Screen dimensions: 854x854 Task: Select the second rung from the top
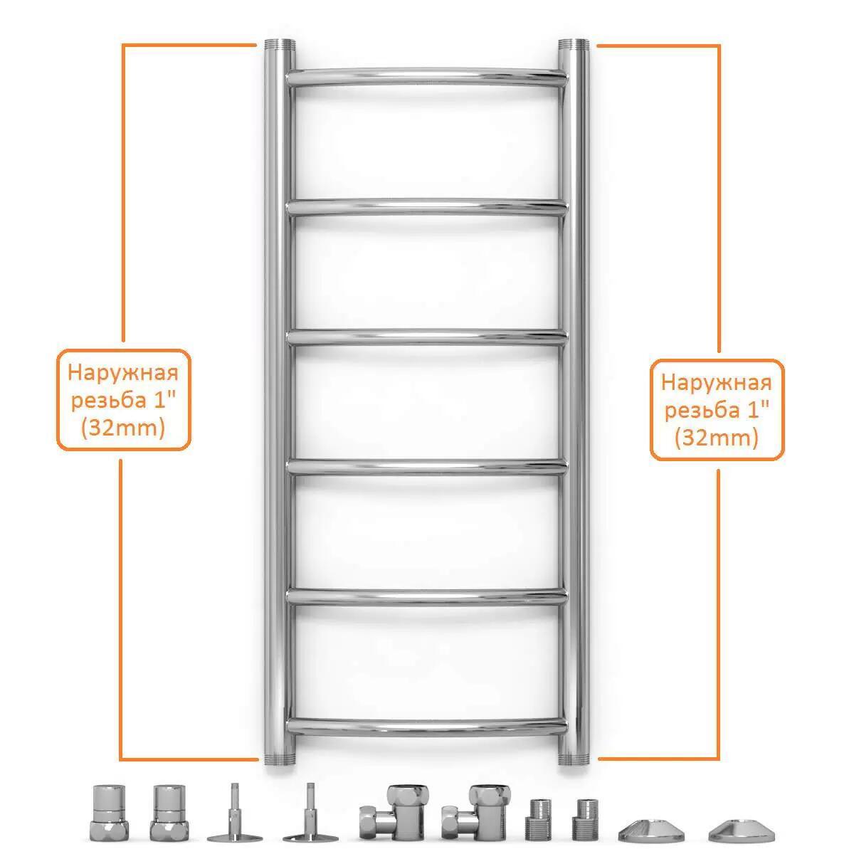(426, 207)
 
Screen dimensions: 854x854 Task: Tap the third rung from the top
(426, 338)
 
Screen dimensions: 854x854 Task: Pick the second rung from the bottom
(426, 597)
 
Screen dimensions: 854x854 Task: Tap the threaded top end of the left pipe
(280, 46)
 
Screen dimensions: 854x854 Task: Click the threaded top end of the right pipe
(574, 46)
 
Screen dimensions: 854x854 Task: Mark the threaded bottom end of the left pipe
(280, 758)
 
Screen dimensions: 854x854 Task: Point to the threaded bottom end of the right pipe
(574, 758)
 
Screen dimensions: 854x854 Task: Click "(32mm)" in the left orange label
(122, 429)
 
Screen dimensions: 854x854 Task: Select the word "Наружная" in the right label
(717, 383)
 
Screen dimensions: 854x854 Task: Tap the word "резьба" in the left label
(109, 401)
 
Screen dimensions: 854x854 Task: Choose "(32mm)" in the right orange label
(717, 439)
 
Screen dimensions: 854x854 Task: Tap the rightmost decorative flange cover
(742, 829)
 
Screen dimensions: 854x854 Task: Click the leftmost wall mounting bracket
(235, 815)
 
